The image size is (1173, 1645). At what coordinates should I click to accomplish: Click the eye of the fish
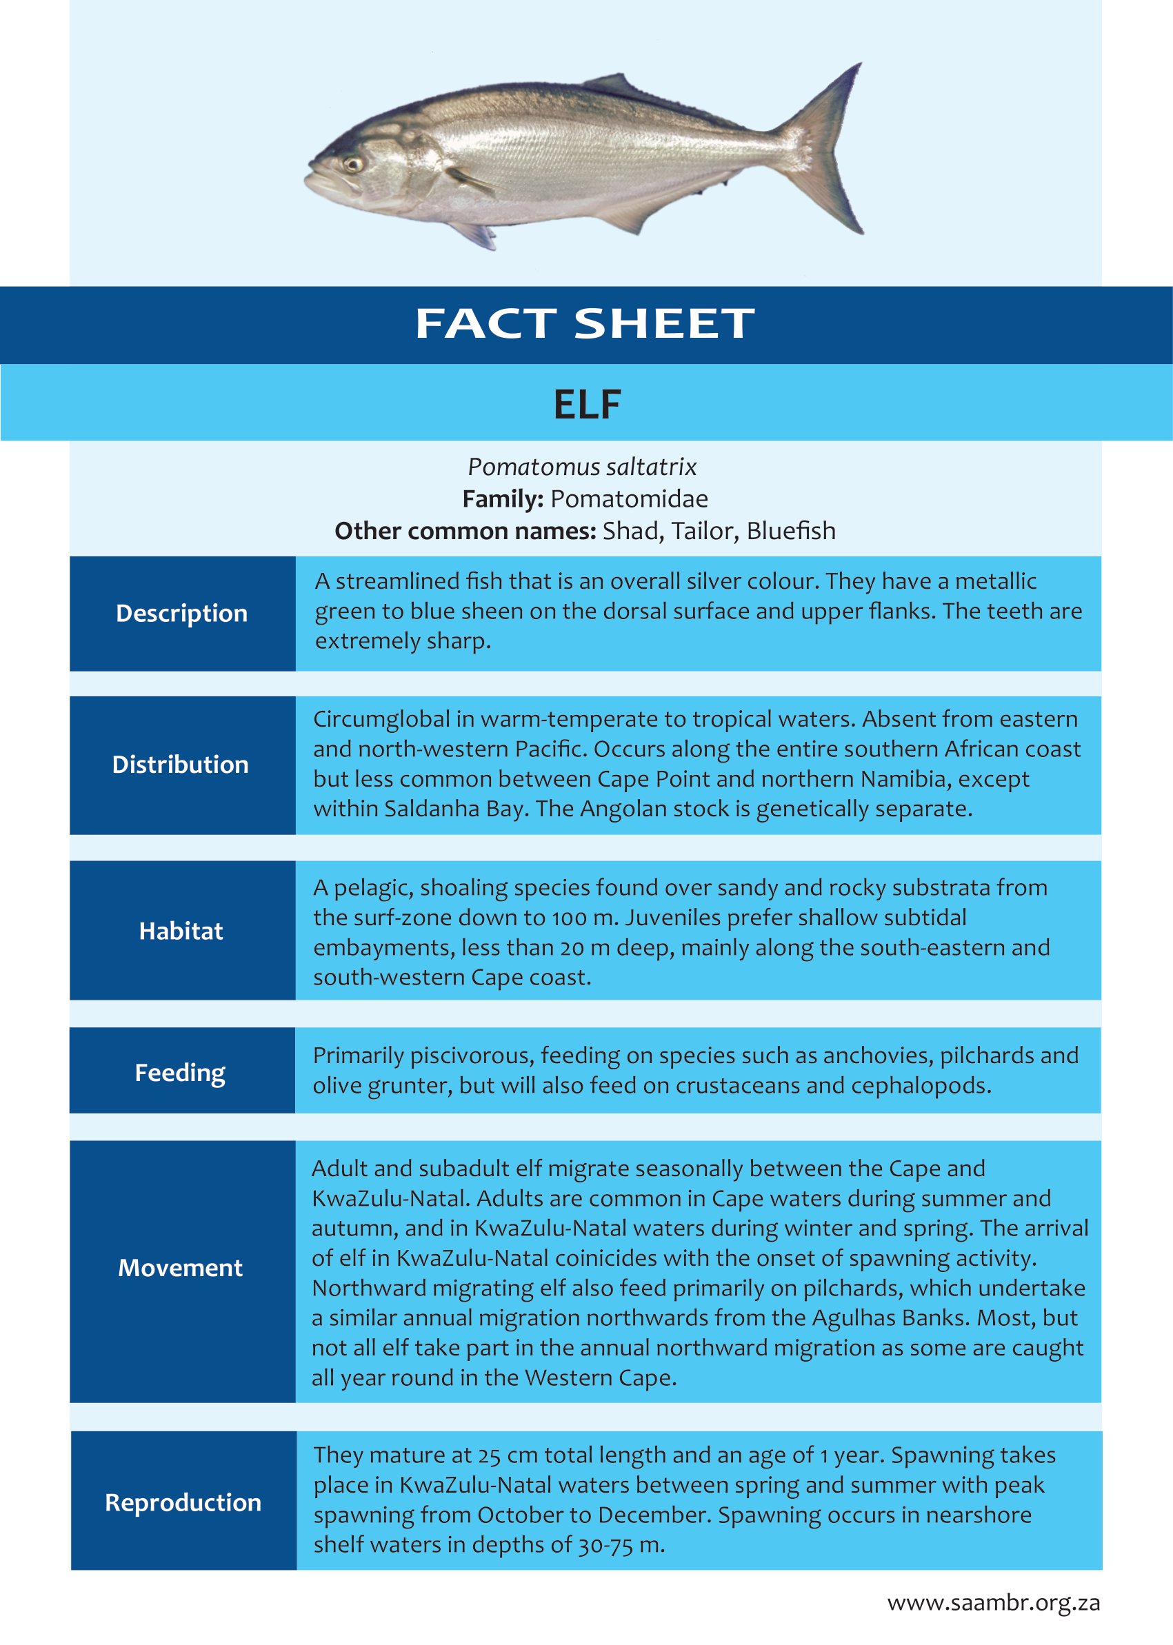click(x=353, y=164)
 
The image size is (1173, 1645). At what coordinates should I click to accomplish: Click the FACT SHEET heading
click(x=585, y=323)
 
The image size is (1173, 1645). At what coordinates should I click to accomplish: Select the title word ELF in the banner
click(x=586, y=405)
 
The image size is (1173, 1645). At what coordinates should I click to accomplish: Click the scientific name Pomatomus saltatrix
click(x=582, y=467)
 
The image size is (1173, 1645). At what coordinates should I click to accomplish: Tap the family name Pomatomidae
click(x=629, y=499)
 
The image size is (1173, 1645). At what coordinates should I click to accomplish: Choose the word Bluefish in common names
click(x=791, y=531)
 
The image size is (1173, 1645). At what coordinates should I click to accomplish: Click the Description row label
click(x=181, y=613)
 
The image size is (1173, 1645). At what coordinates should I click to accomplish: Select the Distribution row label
click(x=181, y=765)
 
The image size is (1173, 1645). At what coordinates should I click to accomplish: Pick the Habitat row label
click(x=181, y=931)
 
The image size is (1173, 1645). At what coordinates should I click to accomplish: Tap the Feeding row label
click(x=181, y=1072)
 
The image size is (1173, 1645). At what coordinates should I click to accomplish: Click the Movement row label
click(x=181, y=1268)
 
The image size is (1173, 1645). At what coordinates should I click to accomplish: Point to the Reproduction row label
click(x=183, y=1503)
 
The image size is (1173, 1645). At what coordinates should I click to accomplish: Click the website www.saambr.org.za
click(x=993, y=1603)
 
